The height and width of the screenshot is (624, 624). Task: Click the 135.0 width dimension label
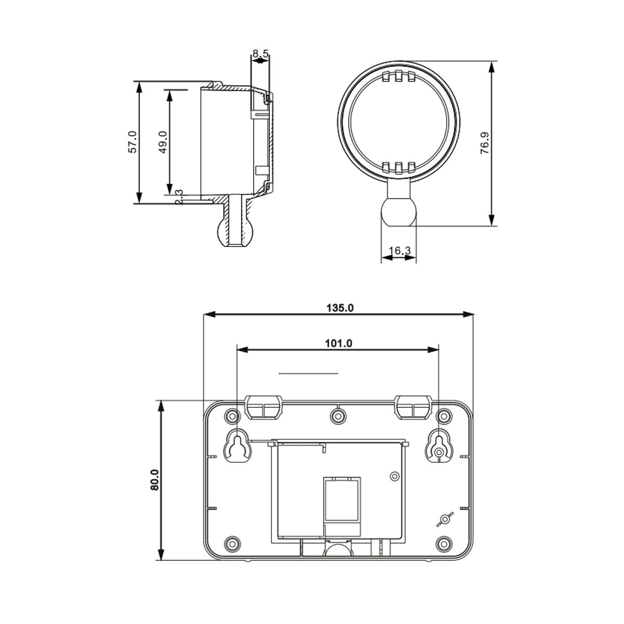tap(340, 308)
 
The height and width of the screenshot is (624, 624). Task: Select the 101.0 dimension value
tap(339, 343)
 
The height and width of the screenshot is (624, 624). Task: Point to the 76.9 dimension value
tap(484, 143)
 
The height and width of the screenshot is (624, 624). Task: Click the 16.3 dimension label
tap(399, 251)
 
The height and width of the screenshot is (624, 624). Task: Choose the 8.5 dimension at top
tap(260, 53)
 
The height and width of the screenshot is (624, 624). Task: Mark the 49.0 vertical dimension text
tap(162, 141)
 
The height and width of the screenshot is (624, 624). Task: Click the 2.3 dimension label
tap(179, 197)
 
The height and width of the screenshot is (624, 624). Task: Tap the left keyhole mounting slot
tap(238, 446)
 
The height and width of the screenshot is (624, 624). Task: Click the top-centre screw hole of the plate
tap(339, 415)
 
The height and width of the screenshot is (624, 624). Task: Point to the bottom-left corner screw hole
tap(232, 543)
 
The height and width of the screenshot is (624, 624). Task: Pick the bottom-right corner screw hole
tap(444, 543)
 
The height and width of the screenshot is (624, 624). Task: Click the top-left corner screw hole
tap(232, 415)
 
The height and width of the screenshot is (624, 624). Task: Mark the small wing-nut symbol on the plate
tap(444, 519)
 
